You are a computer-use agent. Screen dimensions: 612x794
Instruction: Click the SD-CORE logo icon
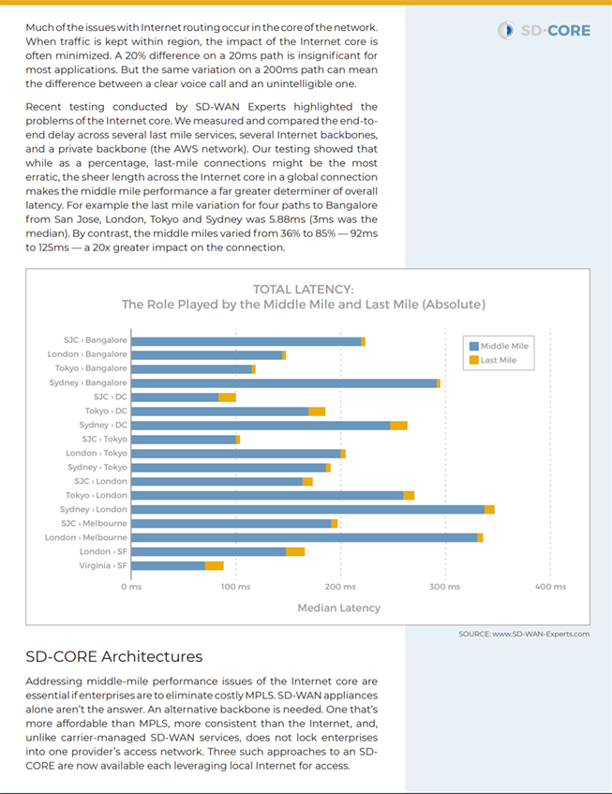click(x=506, y=30)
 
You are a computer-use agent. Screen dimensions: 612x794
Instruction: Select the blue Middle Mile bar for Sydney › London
click(x=307, y=509)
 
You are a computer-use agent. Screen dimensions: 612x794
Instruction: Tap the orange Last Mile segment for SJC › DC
click(x=228, y=397)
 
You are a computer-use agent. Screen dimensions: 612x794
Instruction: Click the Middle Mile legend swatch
click(x=474, y=346)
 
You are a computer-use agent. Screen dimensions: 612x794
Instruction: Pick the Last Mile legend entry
click(x=493, y=360)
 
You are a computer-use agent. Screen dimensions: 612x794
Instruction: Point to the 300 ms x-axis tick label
click(x=445, y=587)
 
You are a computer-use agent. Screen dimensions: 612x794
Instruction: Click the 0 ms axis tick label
click(x=131, y=587)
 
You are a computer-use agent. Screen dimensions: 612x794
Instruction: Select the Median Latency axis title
click(x=338, y=607)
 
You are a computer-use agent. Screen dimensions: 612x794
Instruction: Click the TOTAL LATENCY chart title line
click(x=304, y=290)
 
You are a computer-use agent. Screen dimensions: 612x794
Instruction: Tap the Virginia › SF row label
click(x=103, y=565)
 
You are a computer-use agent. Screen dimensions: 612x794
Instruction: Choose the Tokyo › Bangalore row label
click(x=91, y=368)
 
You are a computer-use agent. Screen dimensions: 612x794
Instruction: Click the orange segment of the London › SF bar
click(x=295, y=552)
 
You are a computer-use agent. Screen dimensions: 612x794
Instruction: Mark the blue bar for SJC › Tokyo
click(x=184, y=440)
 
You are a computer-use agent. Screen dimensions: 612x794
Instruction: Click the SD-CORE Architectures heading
click(x=114, y=656)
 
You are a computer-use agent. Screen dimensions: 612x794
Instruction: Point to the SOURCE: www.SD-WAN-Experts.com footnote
click(x=524, y=634)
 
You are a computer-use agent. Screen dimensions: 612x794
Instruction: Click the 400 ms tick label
click(x=550, y=587)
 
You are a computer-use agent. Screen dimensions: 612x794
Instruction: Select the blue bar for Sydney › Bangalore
click(x=284, y=383)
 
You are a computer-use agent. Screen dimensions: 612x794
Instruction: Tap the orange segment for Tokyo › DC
click(x=317, y=412)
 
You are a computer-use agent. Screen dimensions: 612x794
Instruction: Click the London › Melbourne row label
click(x=86, y=537)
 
